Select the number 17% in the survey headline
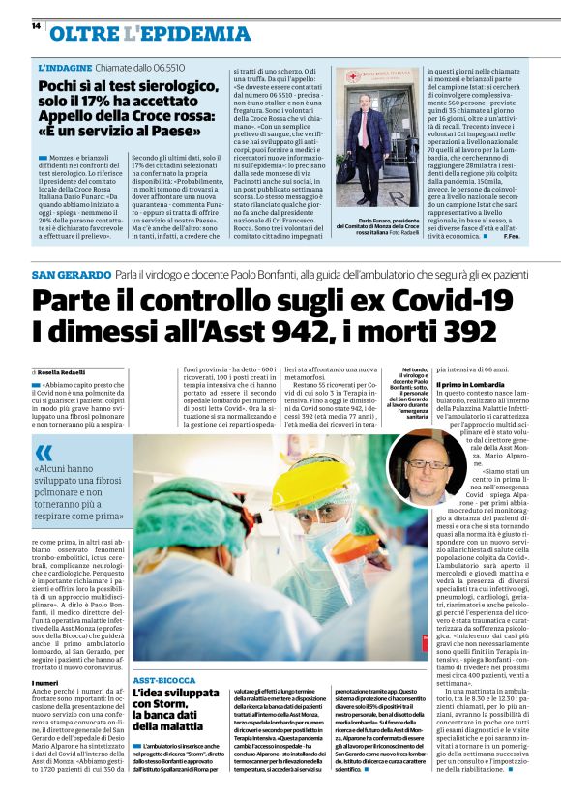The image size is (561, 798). click(x=102, y=104)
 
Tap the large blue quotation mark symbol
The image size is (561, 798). click(x=44, y=453)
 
